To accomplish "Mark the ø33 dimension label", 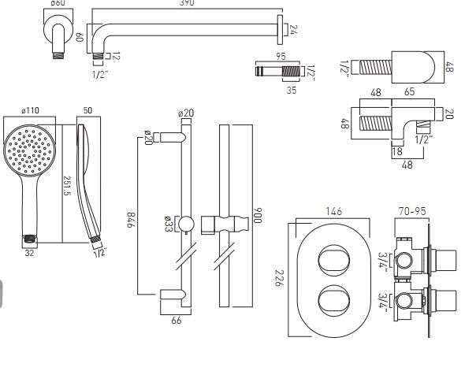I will coord(170,224).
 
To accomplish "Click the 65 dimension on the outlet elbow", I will coord(388,92).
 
